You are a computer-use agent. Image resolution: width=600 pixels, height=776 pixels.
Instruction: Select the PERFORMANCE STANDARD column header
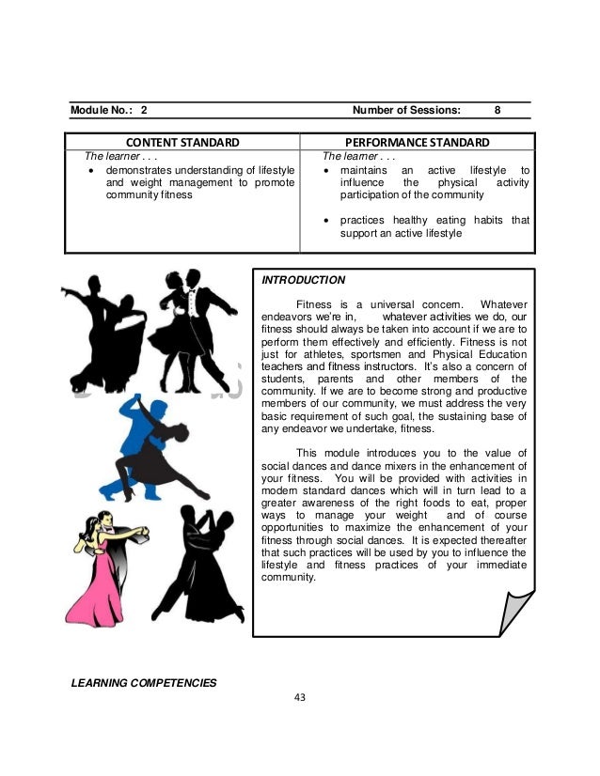pyautogui.click(x=415, y=143)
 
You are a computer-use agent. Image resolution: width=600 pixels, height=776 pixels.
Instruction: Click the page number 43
pyautogui.click(x=301, y=697)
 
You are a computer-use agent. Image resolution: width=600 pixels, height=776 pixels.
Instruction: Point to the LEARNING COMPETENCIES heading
pyautogui.click(x=144, y=682)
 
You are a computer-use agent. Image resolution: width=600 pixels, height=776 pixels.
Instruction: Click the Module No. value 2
pyautogui.click(x=144, y=109)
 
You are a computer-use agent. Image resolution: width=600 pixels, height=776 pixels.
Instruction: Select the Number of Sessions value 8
pyautogui.click(x=498, y=109)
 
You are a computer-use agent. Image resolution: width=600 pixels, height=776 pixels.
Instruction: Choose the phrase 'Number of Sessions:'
pyautogui.click(x=405, y=109)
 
